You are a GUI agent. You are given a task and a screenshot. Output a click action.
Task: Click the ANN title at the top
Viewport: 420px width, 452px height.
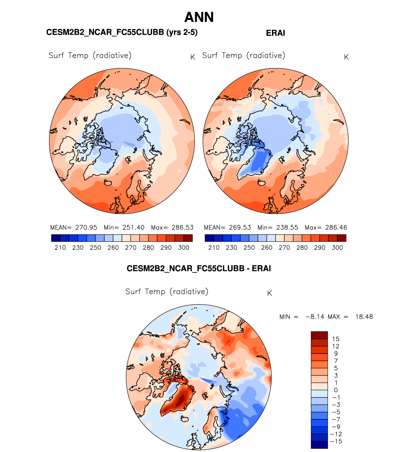199,17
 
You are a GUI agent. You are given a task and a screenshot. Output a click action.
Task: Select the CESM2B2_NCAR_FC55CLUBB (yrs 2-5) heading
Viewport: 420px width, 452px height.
122,32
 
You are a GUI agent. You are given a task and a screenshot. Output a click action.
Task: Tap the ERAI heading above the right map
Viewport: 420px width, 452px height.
275,33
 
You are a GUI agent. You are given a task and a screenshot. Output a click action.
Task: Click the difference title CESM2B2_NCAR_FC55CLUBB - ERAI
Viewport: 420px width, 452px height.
199,269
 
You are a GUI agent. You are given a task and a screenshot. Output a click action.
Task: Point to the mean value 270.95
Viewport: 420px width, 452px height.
86,227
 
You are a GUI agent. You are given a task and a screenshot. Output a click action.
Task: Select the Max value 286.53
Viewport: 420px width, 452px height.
182,227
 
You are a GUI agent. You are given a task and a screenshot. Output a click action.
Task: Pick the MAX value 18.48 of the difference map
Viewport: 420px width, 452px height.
364,317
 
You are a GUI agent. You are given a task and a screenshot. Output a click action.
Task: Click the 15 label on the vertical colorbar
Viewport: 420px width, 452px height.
336,339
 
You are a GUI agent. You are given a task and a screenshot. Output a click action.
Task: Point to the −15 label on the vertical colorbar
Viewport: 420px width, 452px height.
336,442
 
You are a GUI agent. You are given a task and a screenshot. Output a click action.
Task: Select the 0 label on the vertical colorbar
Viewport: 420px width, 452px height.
336,390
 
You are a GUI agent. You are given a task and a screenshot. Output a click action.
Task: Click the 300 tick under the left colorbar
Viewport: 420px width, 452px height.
183,248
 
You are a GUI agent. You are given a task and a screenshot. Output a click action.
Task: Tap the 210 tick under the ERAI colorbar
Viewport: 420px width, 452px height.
214,248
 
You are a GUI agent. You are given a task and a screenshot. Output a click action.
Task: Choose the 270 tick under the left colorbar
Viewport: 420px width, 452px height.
130,248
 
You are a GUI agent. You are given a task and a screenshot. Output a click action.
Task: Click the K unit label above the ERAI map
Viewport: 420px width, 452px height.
346,57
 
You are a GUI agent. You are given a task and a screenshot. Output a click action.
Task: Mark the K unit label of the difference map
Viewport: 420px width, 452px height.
269,293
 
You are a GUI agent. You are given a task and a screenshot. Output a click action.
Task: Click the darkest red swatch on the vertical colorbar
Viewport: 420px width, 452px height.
319,335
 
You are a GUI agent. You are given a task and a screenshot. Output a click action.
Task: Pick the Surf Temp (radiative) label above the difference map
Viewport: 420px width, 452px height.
167,292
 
